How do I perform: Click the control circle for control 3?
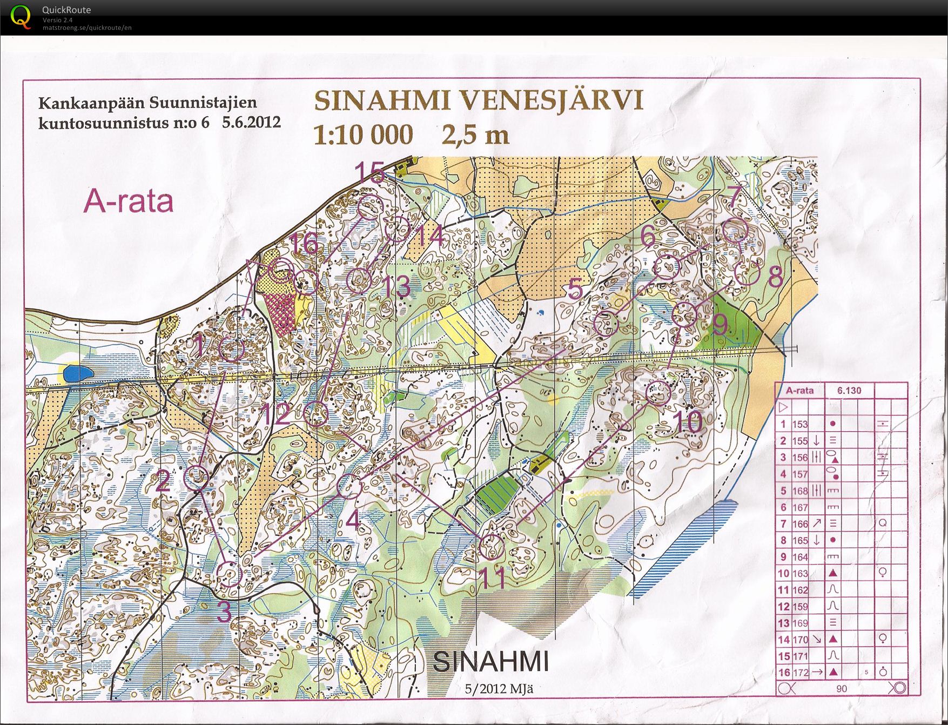click(231, 574)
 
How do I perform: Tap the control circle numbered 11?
click(492, 547)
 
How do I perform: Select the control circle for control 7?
click(735, 231)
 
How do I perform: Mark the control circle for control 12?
click(316, 415)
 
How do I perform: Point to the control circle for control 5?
click(606, 324)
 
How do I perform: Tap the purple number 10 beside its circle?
click(688, 422)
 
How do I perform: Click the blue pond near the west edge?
click(77, 373)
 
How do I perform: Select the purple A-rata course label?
click(129, 202)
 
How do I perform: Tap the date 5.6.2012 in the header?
click(251, 122)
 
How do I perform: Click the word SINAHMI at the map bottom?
click(490, 661)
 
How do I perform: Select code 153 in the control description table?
click(800, 425)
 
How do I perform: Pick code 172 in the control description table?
click(800, 673)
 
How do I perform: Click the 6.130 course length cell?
click(849, 391)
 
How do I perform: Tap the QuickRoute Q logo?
click(21, 17)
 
